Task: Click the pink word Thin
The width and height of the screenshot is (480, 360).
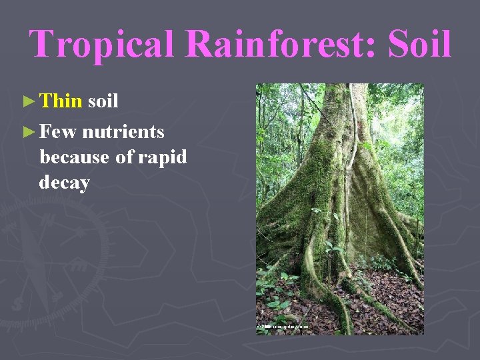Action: pyautogui.click(x=61, y=101)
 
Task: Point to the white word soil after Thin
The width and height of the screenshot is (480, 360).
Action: pyautogui.click(x=103, y=101)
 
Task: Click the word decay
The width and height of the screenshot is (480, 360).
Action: pyautogui.click(x=64, y=182)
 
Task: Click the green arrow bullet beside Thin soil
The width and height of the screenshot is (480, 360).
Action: pyautogui.click(x=27, y=102)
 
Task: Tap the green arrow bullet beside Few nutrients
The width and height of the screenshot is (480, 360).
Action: pyautogui.click(x=27, y=133)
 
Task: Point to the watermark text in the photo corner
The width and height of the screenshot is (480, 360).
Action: pyautogui.click(x=284, y=327)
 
